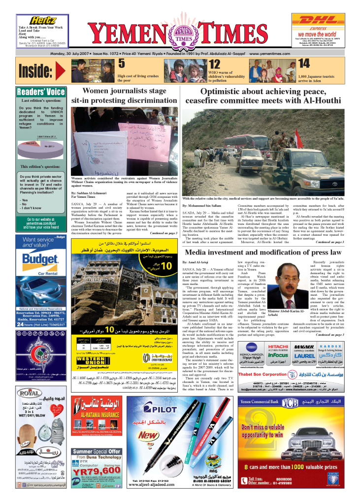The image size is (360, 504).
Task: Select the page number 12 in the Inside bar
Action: tap(214, 65)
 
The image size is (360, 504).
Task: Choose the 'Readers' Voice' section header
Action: tap(41, 92)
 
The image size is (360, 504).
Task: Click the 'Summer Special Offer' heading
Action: tap(97, 451)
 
